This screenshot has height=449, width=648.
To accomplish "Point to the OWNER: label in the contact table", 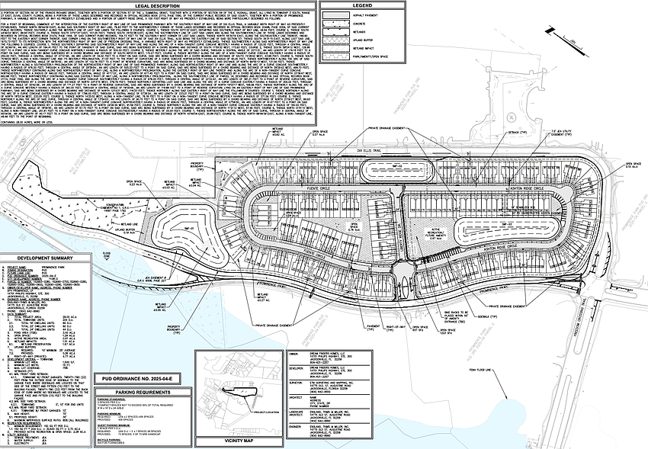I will [x=294, y=353].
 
